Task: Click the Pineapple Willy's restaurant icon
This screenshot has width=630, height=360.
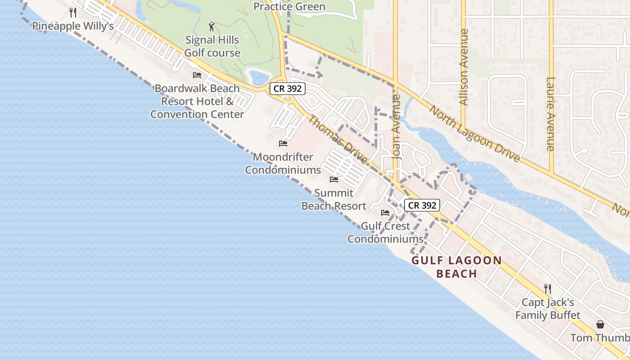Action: [73, 13]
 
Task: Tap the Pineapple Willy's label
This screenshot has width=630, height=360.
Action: [73, 26]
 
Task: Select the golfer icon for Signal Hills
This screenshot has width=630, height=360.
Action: [212, 27]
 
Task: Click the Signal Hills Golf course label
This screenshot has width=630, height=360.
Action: [212, 46]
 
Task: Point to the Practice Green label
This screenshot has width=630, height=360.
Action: [289, 6]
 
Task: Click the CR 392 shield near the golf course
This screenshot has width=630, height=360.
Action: [288, 89]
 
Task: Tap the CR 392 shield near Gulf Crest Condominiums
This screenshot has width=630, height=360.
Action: [422, 206]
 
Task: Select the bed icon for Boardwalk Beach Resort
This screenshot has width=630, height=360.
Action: [197, 75]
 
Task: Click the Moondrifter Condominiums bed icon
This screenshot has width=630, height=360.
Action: [283, 144]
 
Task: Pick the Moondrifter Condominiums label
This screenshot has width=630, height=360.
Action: [283, 163]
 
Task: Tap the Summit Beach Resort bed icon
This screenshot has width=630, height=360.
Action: [334, 180]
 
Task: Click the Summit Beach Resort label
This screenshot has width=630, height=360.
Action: [334, 199]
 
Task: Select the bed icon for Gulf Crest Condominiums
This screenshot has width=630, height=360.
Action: [385, 213]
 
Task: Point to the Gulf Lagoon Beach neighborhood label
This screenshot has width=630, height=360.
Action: [457, 267]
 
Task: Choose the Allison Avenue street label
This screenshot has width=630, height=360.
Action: [464, 67]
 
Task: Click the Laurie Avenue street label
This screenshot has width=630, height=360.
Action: [550, 114]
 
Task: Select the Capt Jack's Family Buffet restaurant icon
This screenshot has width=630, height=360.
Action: [548, 288]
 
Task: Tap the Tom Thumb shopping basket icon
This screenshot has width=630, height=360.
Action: [600, 324]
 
